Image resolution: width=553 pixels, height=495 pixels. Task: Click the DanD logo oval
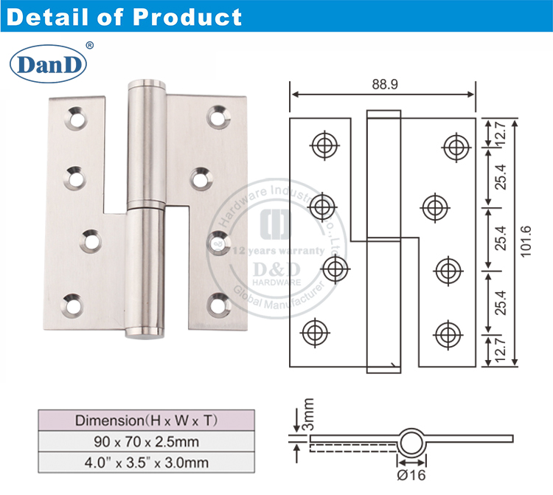pos(48,66)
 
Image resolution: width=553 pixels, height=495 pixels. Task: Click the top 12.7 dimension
pos(501,134)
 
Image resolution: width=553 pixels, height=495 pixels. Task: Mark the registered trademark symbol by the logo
pos(89,46)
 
